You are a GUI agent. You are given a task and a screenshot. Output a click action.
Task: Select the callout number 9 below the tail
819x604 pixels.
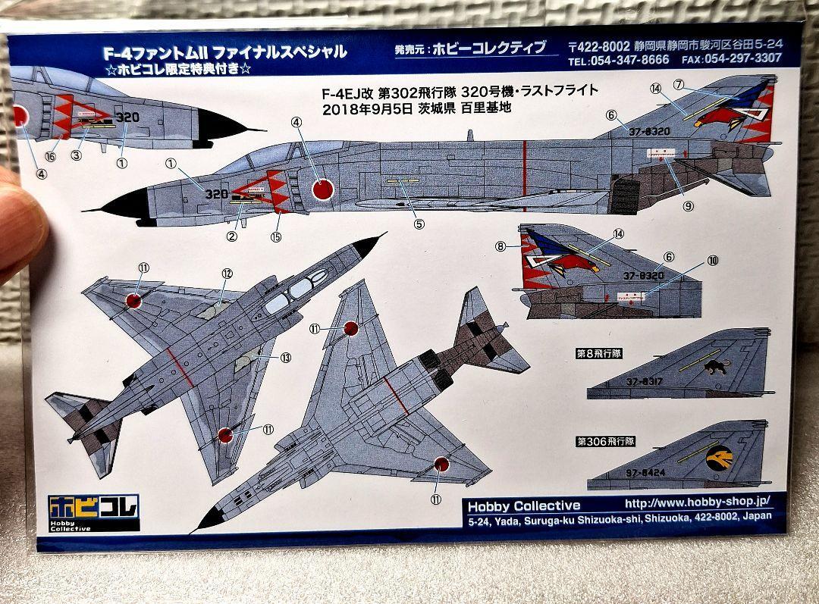(x=688, y=205)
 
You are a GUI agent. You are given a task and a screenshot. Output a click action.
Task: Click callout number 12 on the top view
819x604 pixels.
(x=226, y=274)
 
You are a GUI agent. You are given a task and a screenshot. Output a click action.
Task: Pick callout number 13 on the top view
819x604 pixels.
(x=285, y=357)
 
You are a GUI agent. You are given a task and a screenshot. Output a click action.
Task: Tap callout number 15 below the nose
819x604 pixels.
(x=276, y=236)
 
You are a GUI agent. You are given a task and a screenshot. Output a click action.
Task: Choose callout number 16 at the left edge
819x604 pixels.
(x=51, y=155)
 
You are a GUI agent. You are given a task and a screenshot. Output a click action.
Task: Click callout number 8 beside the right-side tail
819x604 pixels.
(x=500, y=246)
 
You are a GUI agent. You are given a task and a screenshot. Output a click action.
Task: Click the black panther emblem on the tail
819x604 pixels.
(x=714, y=368)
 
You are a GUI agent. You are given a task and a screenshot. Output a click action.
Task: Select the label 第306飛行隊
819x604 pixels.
(x=604, y=440)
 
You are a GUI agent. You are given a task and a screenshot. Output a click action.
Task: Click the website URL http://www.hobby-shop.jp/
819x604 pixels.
(x=697, y=502)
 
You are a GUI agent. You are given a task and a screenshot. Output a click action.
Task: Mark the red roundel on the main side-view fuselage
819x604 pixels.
(x=323, y=187)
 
